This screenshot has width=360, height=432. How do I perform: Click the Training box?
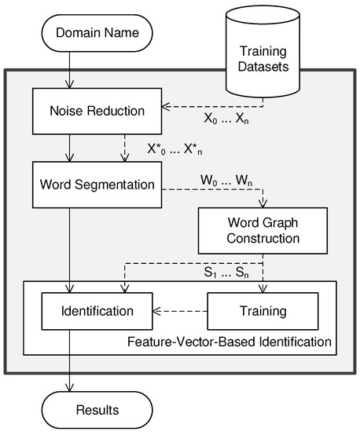tap(263, 311)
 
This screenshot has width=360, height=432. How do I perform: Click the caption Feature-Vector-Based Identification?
tap(228, 342)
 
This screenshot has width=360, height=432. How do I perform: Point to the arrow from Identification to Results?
tap(72, 361)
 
